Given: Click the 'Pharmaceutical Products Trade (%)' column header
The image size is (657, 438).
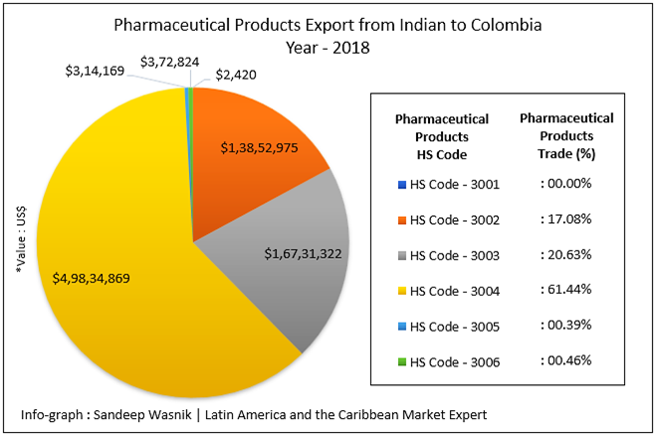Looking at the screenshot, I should (x=566, y=136).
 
